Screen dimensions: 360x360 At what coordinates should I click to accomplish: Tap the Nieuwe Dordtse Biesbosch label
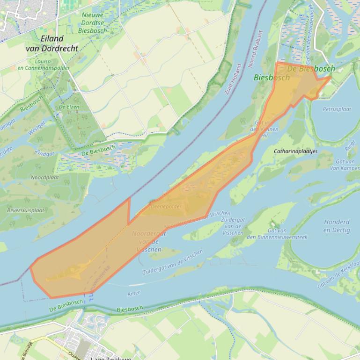pyautogui.click(x=93, y=22)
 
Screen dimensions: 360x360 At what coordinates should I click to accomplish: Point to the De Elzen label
pyautogui.click(x=69, y=107)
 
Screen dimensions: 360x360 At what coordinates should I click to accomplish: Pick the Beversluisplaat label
pyautogui.click(x=26, y=210)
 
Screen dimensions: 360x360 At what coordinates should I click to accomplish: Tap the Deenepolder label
pyautogui.click(x=166, y=206)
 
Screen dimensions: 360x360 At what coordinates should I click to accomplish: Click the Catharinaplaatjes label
pyautogui.click(x=296, y=151)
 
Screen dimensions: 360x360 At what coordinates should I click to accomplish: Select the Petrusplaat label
pyautogui.click(x=337, y=109)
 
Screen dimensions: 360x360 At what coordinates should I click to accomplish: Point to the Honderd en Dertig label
pyautogui.click(x=336, y=226)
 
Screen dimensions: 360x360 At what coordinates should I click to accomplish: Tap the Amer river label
pyautogui.click(x=133, y=294)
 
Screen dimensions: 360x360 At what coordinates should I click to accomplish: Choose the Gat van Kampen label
pyautogui.click(x=347, y=165)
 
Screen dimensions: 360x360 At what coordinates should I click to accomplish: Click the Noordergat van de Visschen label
pyautogui.click(x=147, y=241)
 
